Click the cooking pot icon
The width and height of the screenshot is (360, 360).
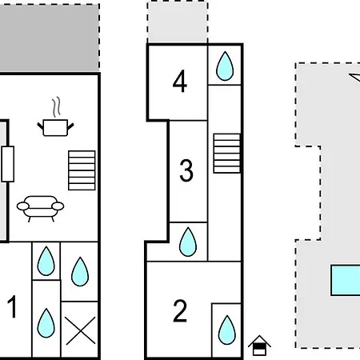click(x=55, y=128)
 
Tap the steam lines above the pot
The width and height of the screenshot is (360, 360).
click(x=56, y=107)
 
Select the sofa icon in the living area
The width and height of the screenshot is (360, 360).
click(x=40, y=209)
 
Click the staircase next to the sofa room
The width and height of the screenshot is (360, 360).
click(x=82, y=170)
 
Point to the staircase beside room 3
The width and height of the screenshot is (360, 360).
click(x=227, y=154)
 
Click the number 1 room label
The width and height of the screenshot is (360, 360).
click(x=12, y=306)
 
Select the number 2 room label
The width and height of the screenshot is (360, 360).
click(x=180, y=310)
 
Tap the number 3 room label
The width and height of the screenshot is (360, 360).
click(x=186, y=170)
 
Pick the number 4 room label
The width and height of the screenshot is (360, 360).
click(x=180, y=81)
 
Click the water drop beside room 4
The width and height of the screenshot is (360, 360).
click(x=225, y=66)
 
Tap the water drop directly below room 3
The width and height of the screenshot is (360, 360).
click(x=188, y=242)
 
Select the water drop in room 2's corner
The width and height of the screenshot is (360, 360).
click(x=227, y=330)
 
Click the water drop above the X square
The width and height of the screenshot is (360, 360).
click(x=80, y=271)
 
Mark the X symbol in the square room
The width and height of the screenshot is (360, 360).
click(x=81, y=330)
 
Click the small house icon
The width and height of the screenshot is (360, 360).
click(x=259, y=346)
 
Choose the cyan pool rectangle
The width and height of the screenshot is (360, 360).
click(x=346, y=280)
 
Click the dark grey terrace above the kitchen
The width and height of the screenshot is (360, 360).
click(x=50, y=38)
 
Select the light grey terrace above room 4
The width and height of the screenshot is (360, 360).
click(x=178, y=22)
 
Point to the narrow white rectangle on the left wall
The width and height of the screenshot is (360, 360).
click(x=8, y=164)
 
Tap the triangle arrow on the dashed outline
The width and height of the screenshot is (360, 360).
click(x=355, y=77)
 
